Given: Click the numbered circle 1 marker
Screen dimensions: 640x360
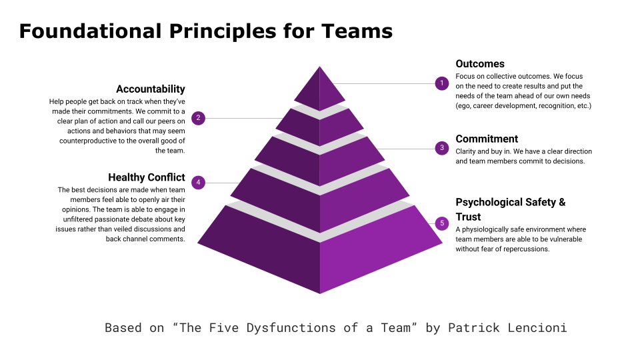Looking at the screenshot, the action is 441,83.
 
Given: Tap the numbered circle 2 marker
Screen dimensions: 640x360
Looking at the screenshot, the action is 199,118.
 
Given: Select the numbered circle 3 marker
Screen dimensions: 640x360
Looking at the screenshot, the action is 441,148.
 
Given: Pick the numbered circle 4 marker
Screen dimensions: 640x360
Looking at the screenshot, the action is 199,183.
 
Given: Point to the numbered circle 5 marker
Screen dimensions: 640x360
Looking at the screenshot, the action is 441,223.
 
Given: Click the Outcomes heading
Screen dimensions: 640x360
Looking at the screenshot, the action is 480,64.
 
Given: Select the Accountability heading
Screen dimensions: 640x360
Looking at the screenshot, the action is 151,89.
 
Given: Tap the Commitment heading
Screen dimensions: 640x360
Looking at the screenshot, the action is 487,139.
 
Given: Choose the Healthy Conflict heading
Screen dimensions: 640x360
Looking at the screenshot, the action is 147,177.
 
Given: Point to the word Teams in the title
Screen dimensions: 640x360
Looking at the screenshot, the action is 357,31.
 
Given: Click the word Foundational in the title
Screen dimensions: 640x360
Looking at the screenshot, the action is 90,31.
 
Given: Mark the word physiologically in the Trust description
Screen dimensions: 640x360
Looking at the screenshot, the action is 485,230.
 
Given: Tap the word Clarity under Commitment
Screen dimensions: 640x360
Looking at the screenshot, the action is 465,151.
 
